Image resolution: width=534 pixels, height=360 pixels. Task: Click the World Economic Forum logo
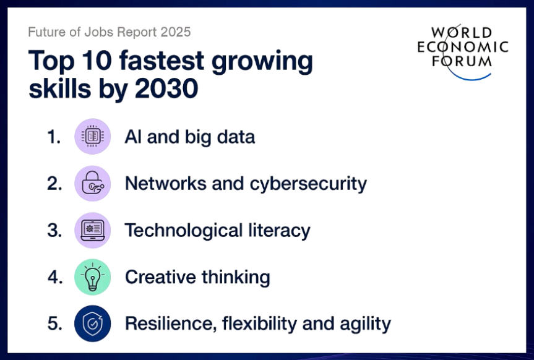coord(463,52)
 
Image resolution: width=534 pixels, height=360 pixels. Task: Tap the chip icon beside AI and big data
coord(93,136)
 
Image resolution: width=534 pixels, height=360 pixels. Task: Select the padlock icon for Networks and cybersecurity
coord(93,183)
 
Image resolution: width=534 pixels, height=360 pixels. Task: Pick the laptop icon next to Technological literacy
coord(93,230)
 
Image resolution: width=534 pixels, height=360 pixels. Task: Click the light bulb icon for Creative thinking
coord(93,276)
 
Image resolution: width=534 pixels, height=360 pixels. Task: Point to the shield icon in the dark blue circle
coord(93,324)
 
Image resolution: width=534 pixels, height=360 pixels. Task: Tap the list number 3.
coord(54,230)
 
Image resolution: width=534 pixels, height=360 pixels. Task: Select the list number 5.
coord(55,324)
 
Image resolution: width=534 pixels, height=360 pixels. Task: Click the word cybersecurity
coord(308,184)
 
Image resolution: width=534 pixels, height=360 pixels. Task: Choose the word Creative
coord(160,277)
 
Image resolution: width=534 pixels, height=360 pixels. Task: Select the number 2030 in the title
coord(166,88)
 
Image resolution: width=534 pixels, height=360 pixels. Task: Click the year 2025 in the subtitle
coord(176,32)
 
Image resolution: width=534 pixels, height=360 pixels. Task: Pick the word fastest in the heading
coord(161,61)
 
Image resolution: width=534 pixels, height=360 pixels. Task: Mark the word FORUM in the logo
coord(462,61)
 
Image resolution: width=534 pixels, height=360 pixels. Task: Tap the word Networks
coord(165,184)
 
